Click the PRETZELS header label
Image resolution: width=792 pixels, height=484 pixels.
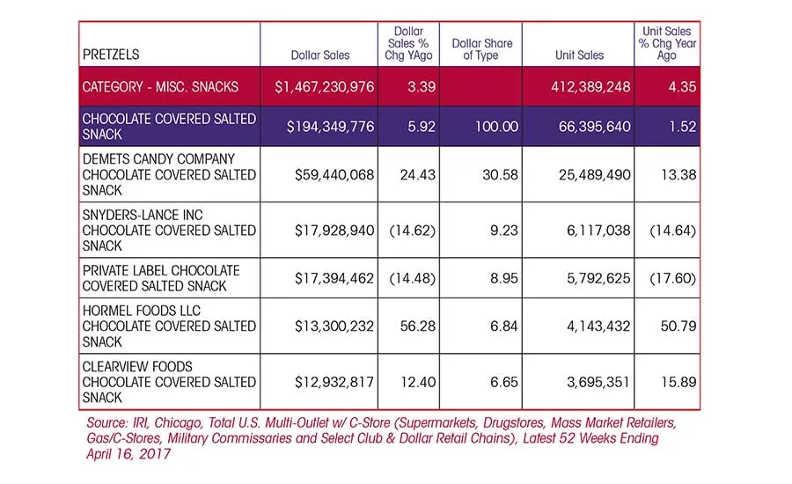111,55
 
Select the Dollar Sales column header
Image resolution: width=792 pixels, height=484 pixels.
320,55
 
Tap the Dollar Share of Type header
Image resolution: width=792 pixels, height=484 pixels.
482,49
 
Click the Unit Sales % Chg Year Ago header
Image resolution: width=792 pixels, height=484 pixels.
667,43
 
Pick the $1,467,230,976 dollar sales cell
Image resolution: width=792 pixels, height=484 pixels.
324,87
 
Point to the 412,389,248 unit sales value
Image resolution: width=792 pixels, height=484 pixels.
590,87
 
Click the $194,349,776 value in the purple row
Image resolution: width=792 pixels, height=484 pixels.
330,127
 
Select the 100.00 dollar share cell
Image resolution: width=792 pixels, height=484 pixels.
496,127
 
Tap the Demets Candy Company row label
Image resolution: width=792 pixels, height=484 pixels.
169,175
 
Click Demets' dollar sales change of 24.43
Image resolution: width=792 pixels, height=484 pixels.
418,175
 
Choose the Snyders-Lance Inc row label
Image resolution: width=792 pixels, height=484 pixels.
169,231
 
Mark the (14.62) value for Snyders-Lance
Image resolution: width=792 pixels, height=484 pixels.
412,231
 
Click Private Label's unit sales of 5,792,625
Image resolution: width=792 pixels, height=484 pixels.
598,278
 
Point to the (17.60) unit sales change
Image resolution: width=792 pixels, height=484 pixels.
673,278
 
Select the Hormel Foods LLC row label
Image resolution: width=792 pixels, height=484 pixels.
169,326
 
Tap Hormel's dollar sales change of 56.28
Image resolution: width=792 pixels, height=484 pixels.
418,326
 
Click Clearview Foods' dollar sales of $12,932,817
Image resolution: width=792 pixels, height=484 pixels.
334,382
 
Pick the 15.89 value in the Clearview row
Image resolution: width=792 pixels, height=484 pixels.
678,382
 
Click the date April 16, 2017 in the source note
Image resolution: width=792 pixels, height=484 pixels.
128,454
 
